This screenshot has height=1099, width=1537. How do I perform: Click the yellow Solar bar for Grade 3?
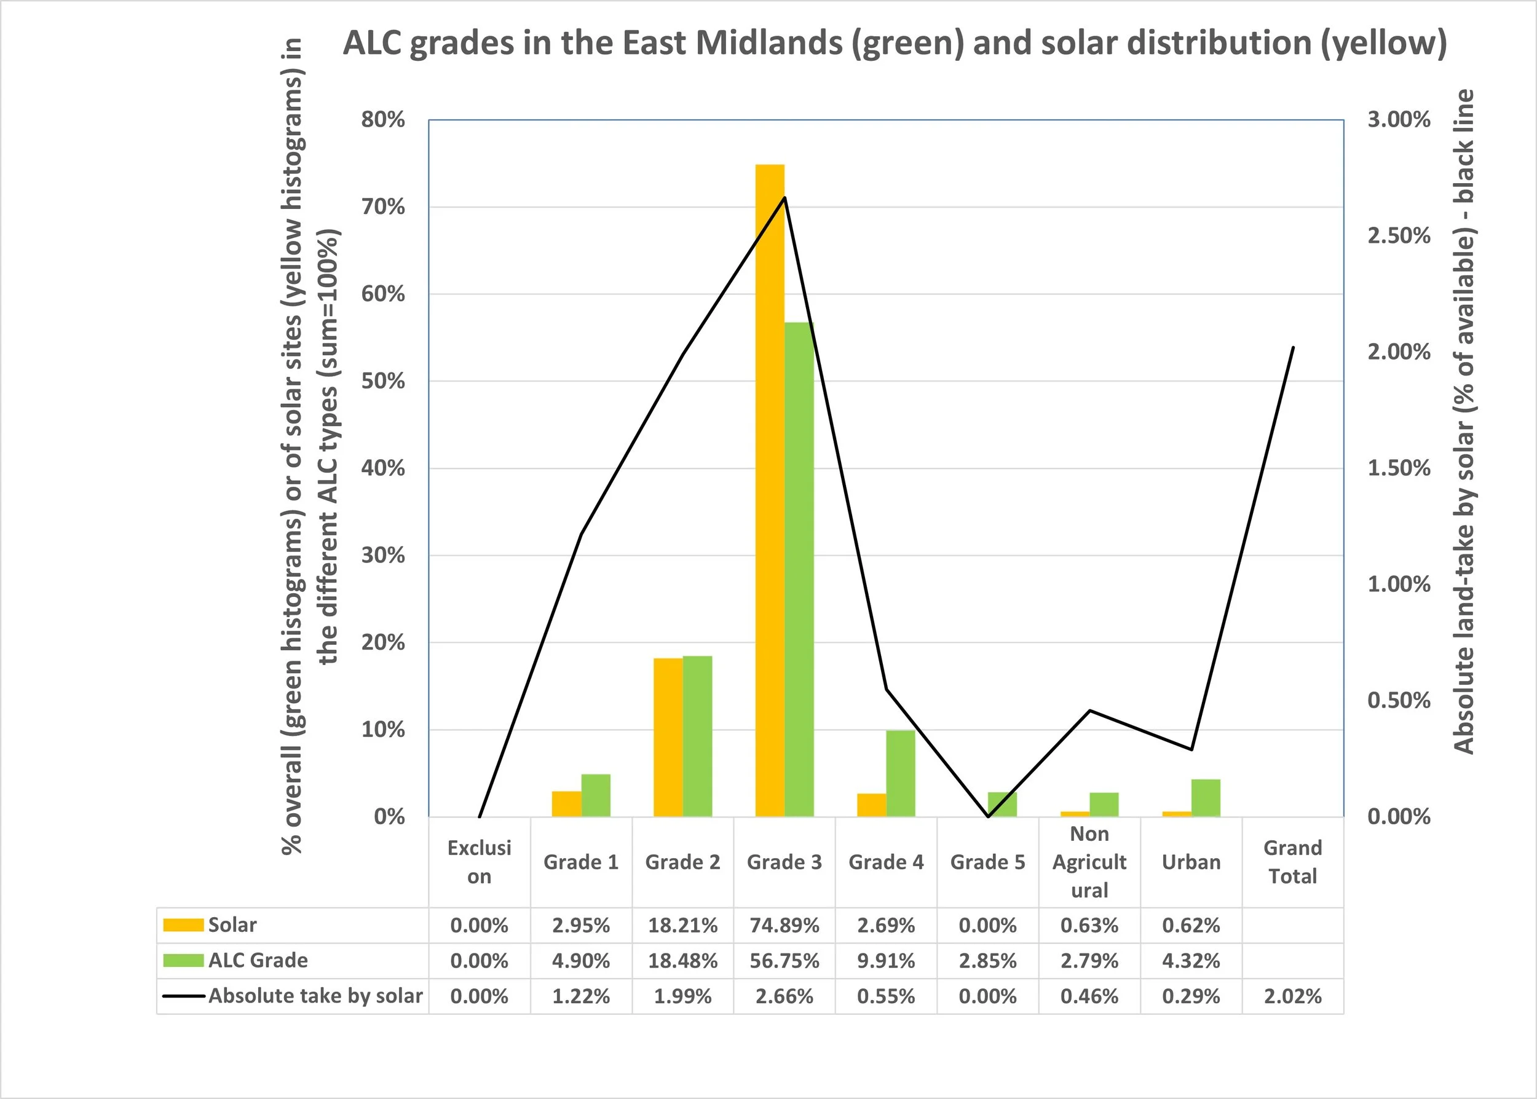click(x=770, y=490)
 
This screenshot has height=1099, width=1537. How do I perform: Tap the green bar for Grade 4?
click(x=900, y=773)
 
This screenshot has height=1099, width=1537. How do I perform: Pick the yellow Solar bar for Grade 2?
click(x=668, y=737)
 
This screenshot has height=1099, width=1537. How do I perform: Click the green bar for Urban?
click(x=1206, y=798)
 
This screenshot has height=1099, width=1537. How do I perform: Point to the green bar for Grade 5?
click(x=1002, y=804)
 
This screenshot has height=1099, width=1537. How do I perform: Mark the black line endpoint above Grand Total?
click(x=1293, y=347)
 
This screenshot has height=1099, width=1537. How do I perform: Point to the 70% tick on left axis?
click(x=383, y=207)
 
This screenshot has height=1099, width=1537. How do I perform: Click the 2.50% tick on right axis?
click(x=1398, y=236)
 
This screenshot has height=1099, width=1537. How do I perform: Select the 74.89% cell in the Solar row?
click(x=784, y=925)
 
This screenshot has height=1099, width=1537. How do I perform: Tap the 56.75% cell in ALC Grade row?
click(x=784, y=960)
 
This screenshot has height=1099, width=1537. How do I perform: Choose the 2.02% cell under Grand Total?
click(x=1293, y=996)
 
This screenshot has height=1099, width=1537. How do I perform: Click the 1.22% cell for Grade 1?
click(x=581, y=996)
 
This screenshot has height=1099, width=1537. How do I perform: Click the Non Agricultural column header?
click(x=1089, y=862)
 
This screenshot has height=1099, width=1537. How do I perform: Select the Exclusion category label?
click(x=479, y=862)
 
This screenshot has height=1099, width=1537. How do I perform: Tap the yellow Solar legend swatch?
click(x=183, y=925)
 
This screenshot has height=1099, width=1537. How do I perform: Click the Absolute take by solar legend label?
click(x=315, y=996)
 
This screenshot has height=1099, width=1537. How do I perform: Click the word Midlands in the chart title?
click(x=767, y=43)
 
